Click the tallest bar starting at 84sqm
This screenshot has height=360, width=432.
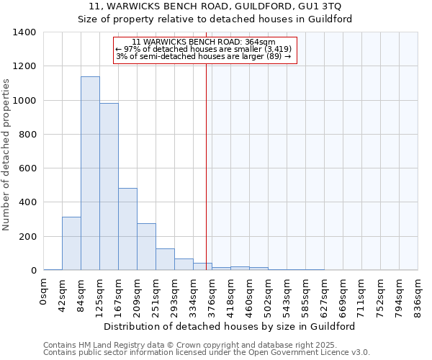coord(90,173)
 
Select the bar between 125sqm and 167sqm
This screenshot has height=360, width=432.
coord(109,186)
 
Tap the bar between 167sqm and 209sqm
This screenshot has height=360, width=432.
coord(127,229)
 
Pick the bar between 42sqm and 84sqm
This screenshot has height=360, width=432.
coord(71,243)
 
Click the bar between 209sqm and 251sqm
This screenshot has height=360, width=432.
coord(146,246)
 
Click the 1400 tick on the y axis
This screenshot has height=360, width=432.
coord(24,32)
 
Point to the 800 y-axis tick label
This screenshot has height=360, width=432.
coord(27,135)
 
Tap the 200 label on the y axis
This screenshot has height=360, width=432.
coord(27,237)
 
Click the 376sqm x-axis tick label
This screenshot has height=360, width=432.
coord(212,294)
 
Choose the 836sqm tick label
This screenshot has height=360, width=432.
coord(418,294)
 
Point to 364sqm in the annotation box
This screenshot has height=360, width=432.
coord(260,42)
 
